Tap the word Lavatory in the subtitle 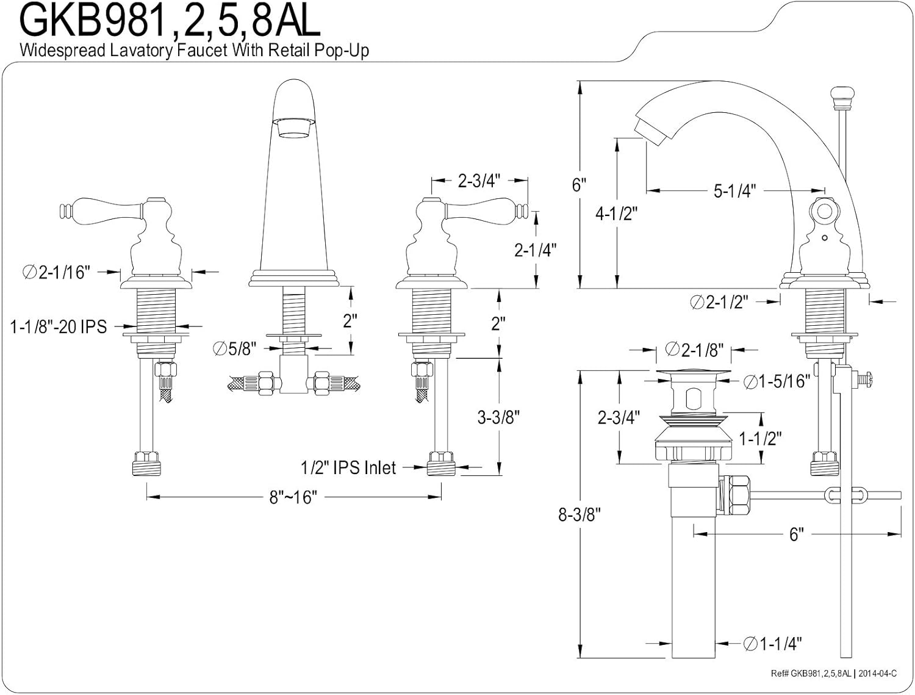click(x=142, y=51)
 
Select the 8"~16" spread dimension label click(x=293, y=497)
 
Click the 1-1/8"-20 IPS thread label click(x=59, y=326)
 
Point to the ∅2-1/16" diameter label click(x=56, y=272)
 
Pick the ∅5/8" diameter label click(x=234, y=348)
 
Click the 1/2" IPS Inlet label click(x=348, y=467)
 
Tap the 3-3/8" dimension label click(x=498, y=417)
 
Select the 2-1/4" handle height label click(x=535, y=250)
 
